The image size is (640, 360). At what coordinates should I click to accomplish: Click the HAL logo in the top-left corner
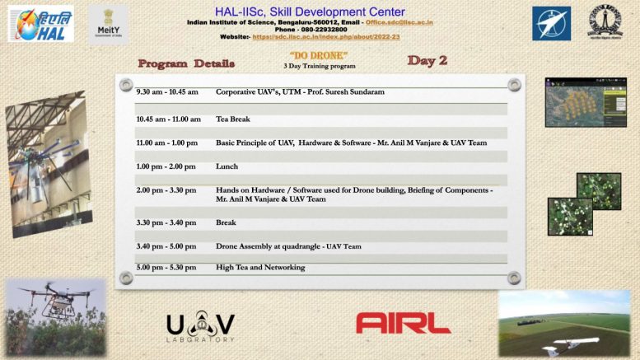pos(40,24)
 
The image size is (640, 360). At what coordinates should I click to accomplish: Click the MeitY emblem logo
pos(108,24)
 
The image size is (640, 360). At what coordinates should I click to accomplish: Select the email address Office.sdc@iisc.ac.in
pos(399,22)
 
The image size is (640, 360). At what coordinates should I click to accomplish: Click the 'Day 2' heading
pos(427,61)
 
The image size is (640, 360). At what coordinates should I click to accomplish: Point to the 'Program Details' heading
pos(186,63)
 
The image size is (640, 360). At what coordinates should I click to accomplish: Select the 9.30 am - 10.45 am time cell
pos(167,92)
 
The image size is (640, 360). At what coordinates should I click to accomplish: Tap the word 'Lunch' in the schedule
pos(227,166)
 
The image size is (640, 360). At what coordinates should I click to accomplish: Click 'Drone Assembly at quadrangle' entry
pos(269,246)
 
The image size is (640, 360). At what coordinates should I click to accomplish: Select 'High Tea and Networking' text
pos(260,268)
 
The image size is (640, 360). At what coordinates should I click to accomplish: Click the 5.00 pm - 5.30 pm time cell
pos(166,268)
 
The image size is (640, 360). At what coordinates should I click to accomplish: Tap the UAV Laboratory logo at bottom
pos(200,327)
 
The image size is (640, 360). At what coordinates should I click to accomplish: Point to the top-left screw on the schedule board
pos(126,85)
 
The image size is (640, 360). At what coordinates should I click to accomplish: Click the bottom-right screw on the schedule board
pos(514,278)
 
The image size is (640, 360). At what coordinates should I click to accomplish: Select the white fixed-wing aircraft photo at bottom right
pos(563,323)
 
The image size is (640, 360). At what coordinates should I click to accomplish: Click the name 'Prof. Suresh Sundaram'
pos(345,92)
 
